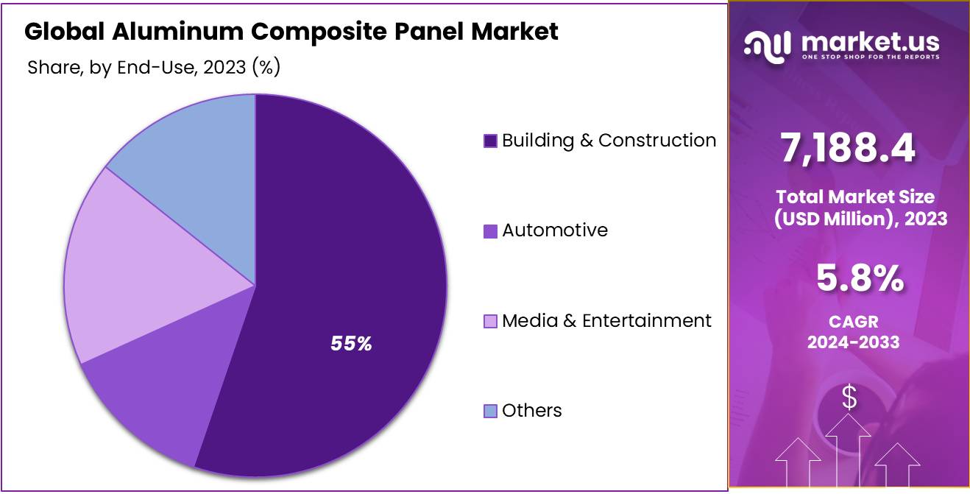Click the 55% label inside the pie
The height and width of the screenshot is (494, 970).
click(x=351, y=343)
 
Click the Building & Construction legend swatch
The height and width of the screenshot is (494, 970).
click(x=490, y=141)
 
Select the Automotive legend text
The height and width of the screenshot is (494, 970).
click(x=555, y=230)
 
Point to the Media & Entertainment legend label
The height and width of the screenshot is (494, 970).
click(x=606, y=321)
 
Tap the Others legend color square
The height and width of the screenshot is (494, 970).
click(x=490, y=412)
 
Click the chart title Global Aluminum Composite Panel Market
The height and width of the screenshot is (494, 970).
click(x=291, y=32)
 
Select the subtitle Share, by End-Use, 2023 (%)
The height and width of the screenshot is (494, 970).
click(x=154, y=68)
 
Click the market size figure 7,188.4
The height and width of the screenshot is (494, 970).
click(x=849, y=149)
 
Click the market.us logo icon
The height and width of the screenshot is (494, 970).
click(x=767, y=46)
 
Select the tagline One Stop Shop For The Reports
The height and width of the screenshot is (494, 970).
click(x=870, y=57)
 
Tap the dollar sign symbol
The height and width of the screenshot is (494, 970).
click(x=849, y=398)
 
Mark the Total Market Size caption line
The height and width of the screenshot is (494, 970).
click(x=854, y=197)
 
